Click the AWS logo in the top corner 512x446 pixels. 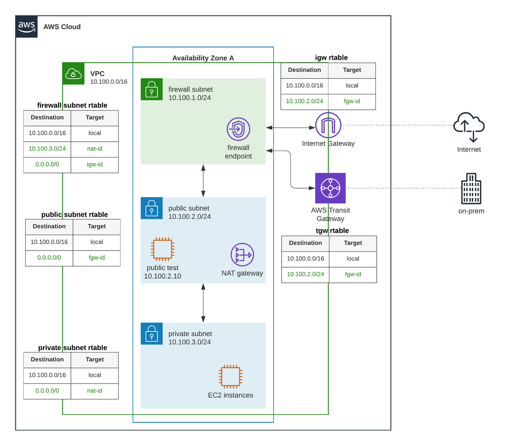point(26,26)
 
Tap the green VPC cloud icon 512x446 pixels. point(73,73)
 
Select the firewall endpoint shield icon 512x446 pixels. point(238,129)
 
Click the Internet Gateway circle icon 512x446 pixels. point(328,125)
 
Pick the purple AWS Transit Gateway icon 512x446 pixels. point(330,188)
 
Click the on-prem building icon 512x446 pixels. point(471,189)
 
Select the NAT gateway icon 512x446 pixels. point(242,255)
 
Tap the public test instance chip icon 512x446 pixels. point(163,249)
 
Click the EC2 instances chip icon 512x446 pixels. point(230,376)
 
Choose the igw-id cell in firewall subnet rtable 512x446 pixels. point(95,164)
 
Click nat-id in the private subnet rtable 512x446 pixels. point(95,391)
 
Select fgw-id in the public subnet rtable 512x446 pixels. point(97,257)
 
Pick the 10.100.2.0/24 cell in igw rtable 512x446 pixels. point(304,101)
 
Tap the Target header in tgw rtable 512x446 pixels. point(353,243)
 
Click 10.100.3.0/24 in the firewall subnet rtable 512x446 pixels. point(47,149)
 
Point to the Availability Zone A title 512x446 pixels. point(203,58)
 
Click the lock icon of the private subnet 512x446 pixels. point(151,333)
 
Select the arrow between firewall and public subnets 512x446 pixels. point(203,181)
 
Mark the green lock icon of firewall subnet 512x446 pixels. point(151,89)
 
